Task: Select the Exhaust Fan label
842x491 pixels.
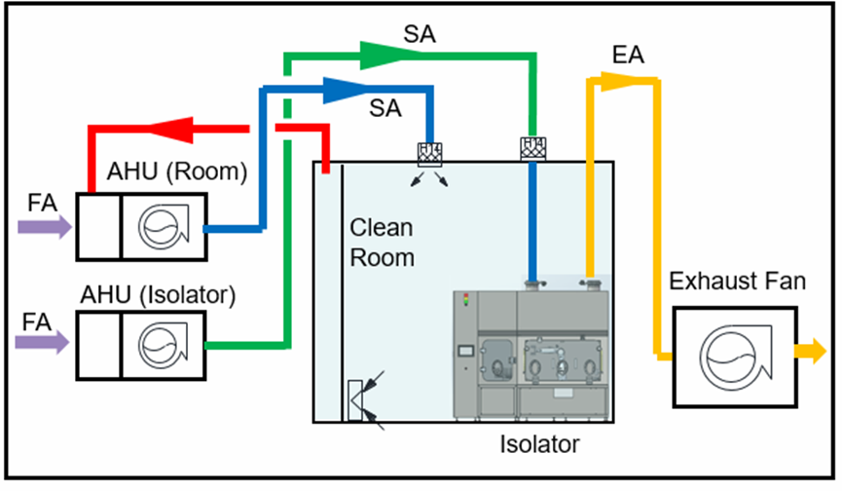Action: [737, 283]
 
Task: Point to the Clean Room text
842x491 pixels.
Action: [382, 243]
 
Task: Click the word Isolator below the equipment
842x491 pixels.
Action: [539, 445]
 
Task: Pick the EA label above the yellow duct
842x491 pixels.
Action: [628, 57]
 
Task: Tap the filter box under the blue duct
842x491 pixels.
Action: [429, 153]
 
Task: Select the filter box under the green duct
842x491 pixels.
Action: [531, 148]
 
